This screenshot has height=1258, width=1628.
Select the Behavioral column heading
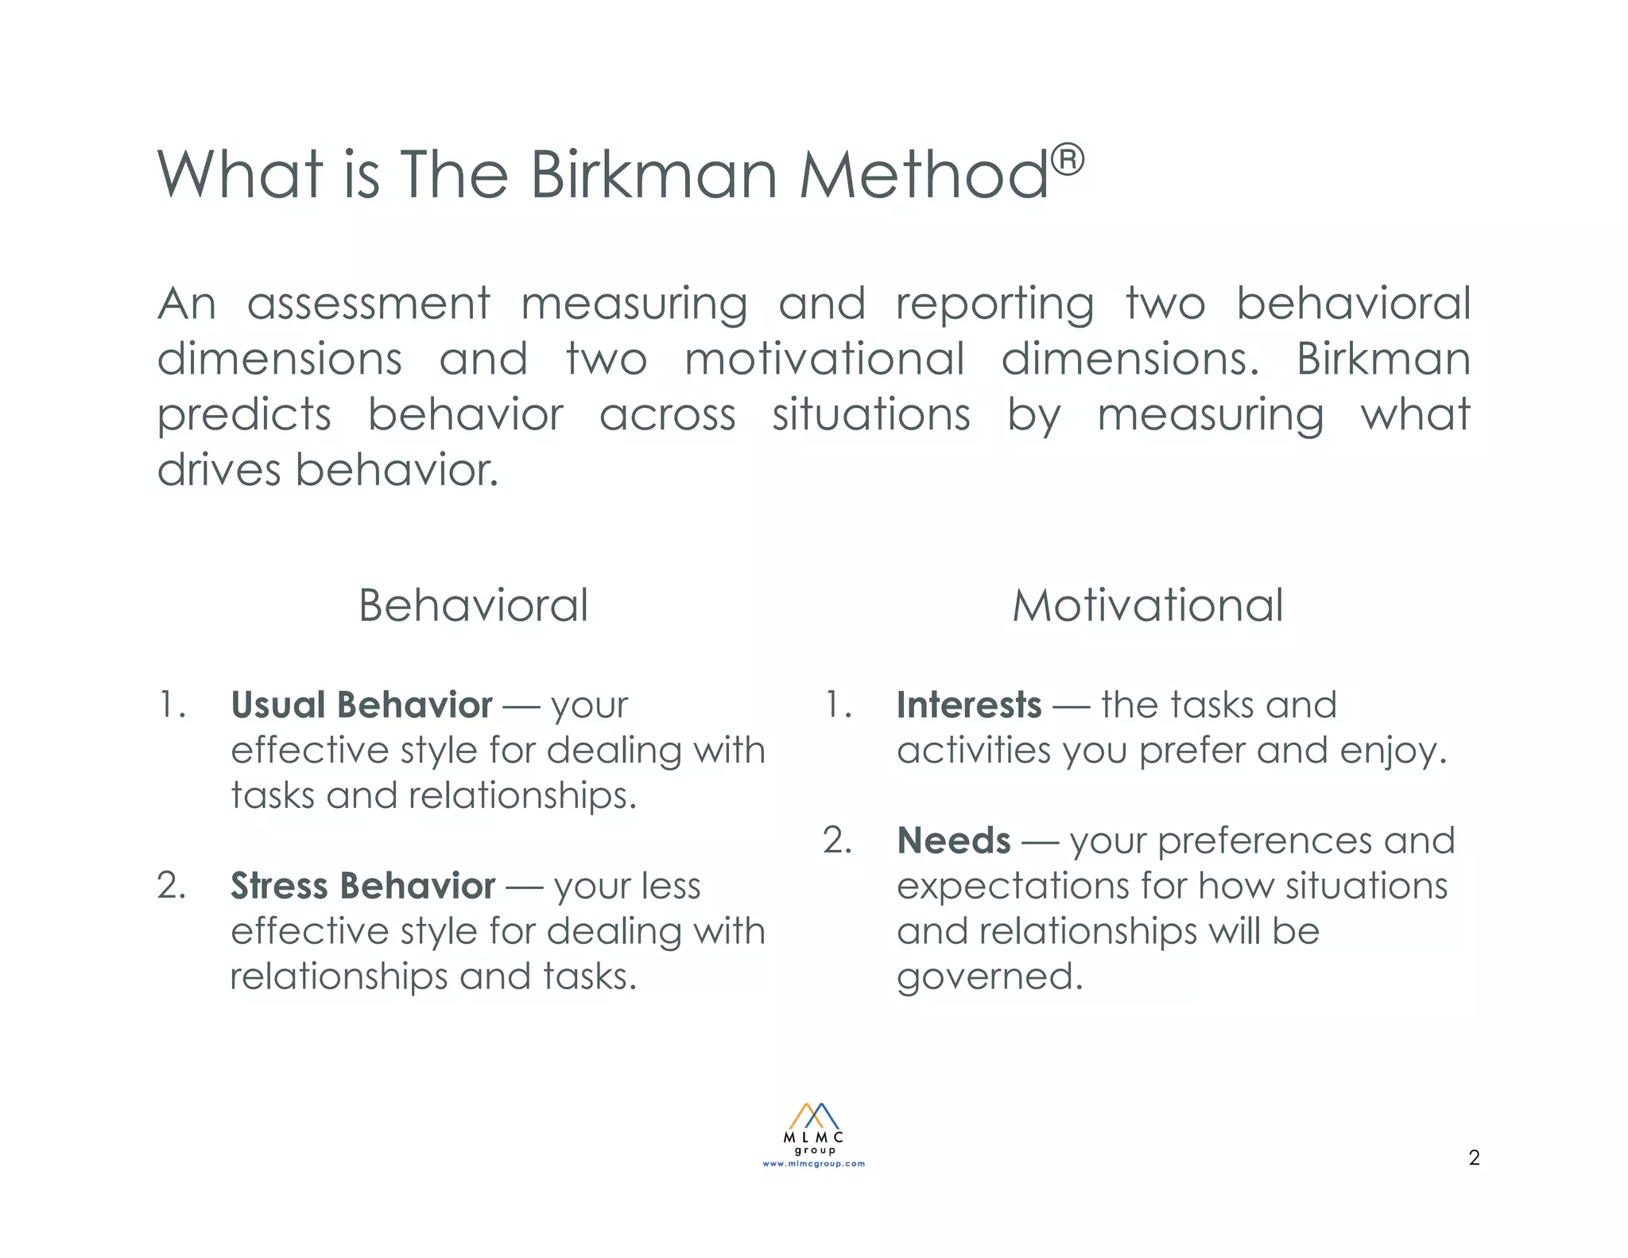pyautogui.click(x=473, y=606)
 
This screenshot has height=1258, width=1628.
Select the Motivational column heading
pyautogui.click(x=1147, y=606)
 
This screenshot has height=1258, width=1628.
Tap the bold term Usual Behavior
pyautogui.click(x=362, y=705)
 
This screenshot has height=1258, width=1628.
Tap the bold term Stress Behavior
pyautogui.click(x=363, y=886)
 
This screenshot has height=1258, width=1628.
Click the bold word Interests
pyautogui.click(x=969, y=705)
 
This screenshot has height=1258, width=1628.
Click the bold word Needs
pyautogui.click(x=954, y=841)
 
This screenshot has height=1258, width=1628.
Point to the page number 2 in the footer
pyautogui.click(x=1474, y=1158)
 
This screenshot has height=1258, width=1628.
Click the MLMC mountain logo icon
pyautogui.click(x=813, y=1116)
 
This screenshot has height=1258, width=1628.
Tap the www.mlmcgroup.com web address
pyautogui.click(x=813, y=1163)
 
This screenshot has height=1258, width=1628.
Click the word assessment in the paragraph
pyautogui.click(x=369, y=305)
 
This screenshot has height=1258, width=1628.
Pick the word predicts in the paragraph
pyautogui.click(x=244, y=416)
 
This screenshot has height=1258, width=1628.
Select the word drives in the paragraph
pyautogui.click(x=219, y=470)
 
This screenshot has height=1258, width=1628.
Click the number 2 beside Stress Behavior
pyautogui.click(x=171, y=886)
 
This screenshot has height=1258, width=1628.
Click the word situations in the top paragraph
pyautogui.click(x=871, y=416)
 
